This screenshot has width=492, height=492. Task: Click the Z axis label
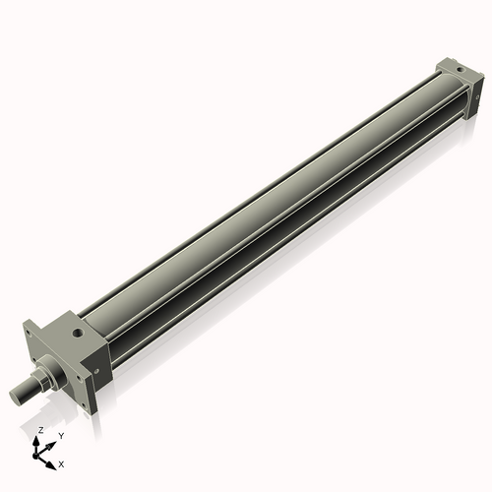tap(40, 430)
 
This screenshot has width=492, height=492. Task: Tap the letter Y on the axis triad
tap(61, 435)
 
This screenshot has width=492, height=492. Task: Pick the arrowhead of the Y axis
tap(53, 442)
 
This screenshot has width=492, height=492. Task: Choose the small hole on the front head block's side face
tap(97, 368)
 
